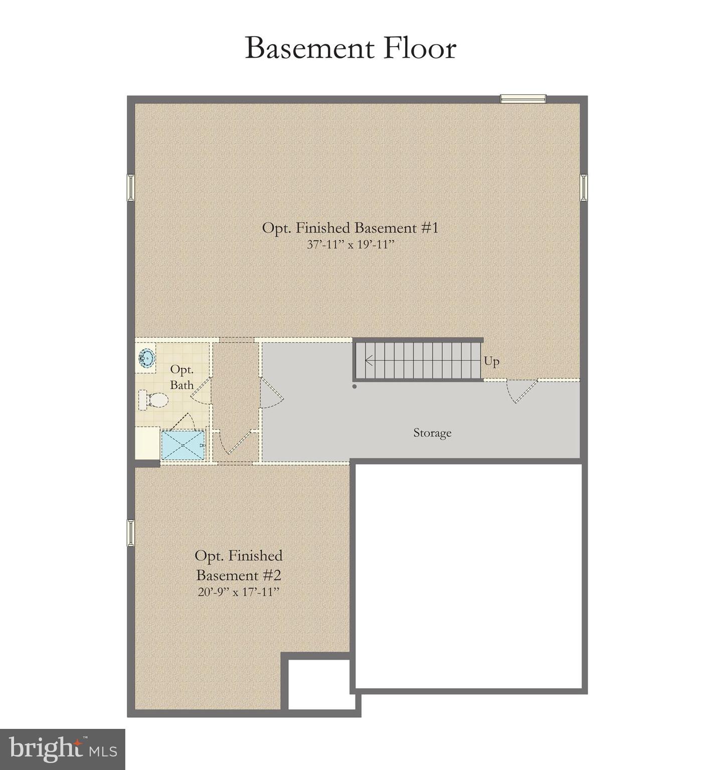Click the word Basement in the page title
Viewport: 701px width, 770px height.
(x=310, y=49)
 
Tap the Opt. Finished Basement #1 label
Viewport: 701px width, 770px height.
(x=350, y=228)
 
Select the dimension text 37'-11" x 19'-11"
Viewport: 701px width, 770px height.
(x=350, y=245)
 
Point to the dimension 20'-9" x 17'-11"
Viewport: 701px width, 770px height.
(x=238, y=592)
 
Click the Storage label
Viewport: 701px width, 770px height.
(x=432, y=433)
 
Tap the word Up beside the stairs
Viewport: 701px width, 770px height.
(x=491, y=361)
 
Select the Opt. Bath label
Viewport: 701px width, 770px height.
(x=182, y=377)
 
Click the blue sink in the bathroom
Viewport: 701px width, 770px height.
(x=146, y=358)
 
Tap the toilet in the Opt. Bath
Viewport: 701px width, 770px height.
(x=155, y=400)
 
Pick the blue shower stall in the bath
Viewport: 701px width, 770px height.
(x=183, y=445)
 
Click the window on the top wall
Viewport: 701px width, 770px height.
(x=523, y=99)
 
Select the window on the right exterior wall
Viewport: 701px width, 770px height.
(x=584, y=187)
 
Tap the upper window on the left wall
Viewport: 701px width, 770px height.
(x=131, y=187)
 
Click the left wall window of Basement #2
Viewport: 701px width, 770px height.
(x=131, y=532)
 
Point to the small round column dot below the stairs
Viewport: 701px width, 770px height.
(x=355, y=387)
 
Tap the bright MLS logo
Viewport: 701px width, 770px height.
(x=62, y=749)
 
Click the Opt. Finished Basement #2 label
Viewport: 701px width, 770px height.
(x=238, y=565)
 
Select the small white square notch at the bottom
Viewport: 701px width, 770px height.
(x=319, y=685)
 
